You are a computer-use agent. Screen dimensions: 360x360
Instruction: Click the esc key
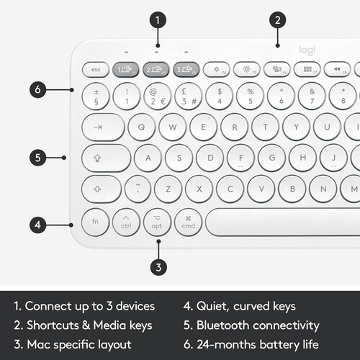(x=95, y=69)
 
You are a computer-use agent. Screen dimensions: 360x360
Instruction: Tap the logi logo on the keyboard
(x=307, y=50)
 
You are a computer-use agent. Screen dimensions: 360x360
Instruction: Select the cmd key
(x=188, y=221)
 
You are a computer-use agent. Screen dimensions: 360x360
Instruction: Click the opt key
(x=157, y=221)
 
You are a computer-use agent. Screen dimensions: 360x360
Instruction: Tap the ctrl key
(x=126, y=221)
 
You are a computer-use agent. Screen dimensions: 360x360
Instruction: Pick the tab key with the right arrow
(x=103, y=127)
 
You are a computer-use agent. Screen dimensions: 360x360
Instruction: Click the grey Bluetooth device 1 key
(x=126, y=69)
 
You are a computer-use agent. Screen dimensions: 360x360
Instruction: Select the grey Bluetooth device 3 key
(x=186, y=69)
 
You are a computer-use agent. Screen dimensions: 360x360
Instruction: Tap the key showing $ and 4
(x=220, y=96)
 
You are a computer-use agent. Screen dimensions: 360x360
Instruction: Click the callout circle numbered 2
(x=279, y=19)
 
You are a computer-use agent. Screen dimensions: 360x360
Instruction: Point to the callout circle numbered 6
(x=40, y=90)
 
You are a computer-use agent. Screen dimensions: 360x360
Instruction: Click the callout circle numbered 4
(x=40, y=225)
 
